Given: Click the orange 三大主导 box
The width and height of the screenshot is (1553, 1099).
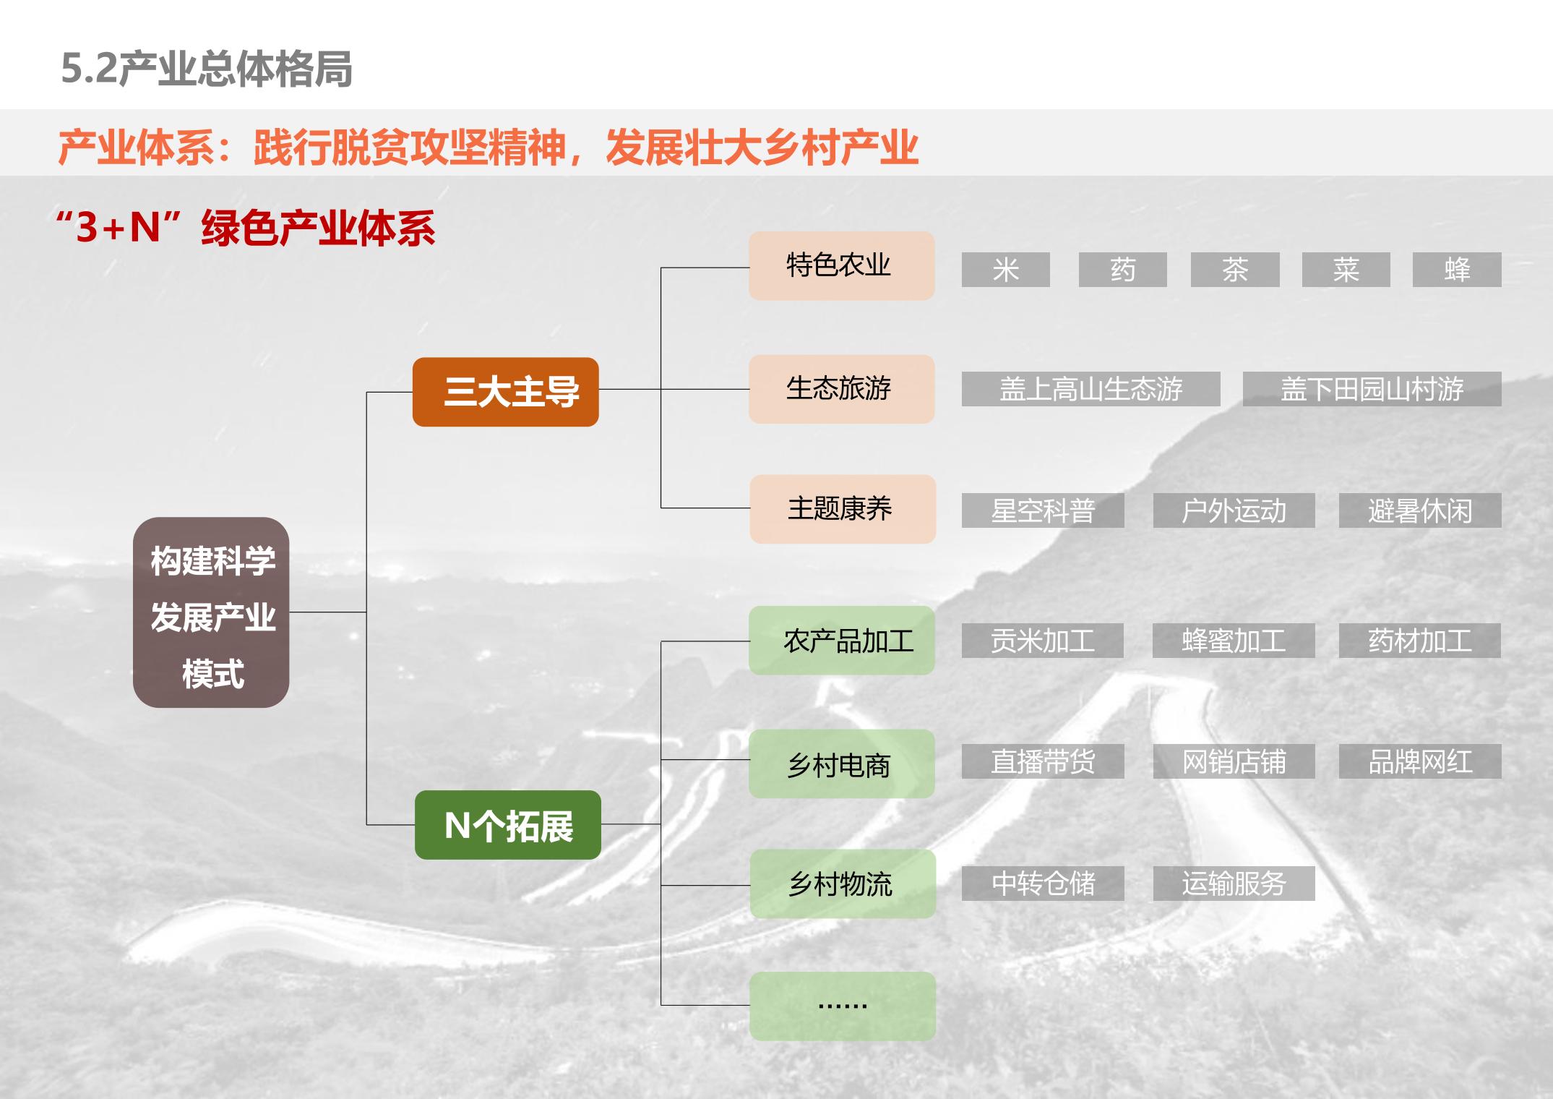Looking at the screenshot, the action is tap(505, 392).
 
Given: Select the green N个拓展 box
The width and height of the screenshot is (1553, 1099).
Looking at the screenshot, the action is tap(507, 825).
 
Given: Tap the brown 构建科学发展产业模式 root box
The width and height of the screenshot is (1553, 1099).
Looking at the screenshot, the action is tap(211, 612).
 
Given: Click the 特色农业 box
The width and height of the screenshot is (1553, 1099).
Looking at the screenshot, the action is tap(841, 265).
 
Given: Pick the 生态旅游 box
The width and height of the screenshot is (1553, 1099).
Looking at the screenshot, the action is tap(841, 389).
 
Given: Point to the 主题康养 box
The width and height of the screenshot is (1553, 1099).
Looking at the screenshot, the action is tap(843, 509).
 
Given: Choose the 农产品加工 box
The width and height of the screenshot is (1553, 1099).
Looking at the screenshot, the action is tap(841, 641).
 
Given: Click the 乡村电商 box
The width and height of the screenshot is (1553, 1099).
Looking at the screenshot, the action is tap(841, 764).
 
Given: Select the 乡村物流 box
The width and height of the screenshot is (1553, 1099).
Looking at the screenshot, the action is tap(843, 884).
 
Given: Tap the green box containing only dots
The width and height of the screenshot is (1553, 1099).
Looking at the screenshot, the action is tap(843, 1006).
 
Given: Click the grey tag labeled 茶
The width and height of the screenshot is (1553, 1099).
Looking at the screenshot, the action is tap(1235, 270).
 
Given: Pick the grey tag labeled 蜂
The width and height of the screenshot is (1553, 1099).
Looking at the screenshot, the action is tap(1457, 270).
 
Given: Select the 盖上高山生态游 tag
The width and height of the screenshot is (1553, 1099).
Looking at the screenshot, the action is tap(1090, 389).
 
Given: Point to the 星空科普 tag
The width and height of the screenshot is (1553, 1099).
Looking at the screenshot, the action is tap(1043, 510).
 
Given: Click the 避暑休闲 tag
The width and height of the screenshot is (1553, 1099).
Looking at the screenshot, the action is tap(1420, 510).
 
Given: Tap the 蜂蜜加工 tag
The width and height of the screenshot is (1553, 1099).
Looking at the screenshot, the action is tap(1234, 641).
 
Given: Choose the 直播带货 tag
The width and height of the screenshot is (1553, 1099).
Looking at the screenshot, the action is tap(1043, 761).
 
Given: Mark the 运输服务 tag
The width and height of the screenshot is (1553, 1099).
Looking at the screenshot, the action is tap(1234, 884).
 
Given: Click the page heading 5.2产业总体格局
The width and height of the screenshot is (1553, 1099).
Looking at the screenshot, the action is tap(207, 69).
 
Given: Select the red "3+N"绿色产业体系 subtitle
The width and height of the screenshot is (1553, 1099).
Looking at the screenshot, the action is tap(246, 228).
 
